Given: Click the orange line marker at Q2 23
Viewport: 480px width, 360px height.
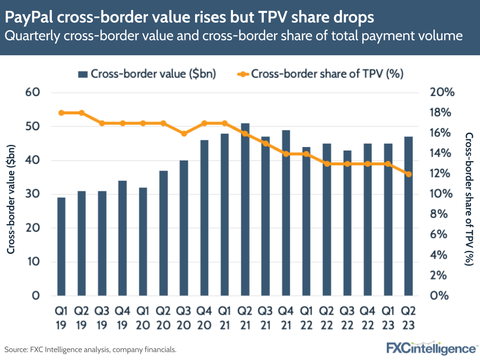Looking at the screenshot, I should [x=408, y=174].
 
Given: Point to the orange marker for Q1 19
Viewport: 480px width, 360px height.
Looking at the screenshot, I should [x=61, y=113].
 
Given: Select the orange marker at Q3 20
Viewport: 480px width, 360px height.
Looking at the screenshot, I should [x=184, y=133].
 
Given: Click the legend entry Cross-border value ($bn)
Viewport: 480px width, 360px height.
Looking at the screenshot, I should [x=147, y=74].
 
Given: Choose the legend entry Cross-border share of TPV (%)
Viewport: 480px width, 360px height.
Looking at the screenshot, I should [x=320, y=74].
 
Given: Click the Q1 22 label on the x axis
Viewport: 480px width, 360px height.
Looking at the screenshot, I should [x=306, y=318].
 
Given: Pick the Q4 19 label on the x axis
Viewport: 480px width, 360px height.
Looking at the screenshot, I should [x=123, y=318].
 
